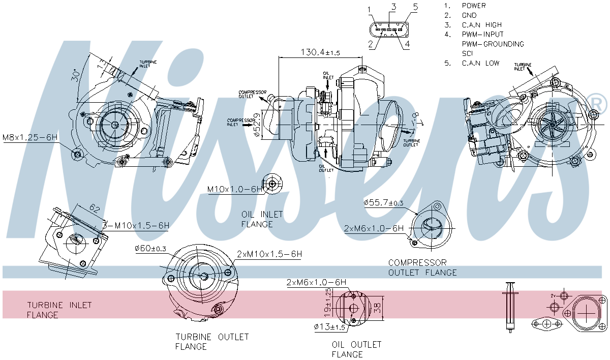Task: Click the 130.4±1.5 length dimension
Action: [320, 52]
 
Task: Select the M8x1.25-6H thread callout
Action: [29, 137]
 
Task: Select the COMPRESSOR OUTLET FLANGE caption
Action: [422, 267]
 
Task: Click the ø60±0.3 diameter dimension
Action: [150, 249]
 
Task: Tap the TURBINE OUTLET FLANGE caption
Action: [212, 342]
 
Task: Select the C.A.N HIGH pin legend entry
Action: [481, 25]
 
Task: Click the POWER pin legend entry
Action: [473, 6]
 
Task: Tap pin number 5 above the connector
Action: [415, 7]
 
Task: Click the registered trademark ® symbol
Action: [597, 104]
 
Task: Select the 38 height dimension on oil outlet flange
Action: [377, 307]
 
